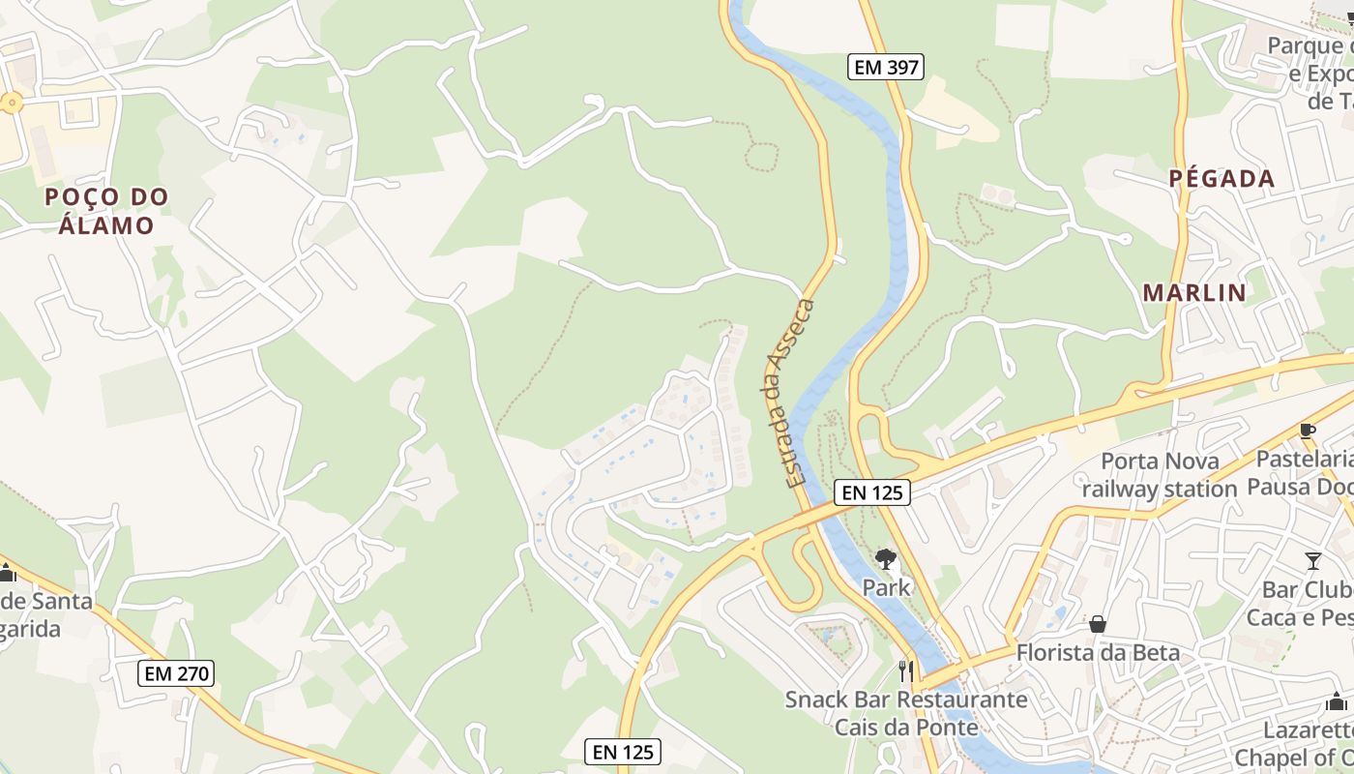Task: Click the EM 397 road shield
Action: pos(886,67)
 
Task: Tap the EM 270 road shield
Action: pos(175,673)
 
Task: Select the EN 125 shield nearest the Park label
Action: pos(872,492)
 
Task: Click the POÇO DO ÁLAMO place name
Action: pos(106,211)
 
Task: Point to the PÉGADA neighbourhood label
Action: pos(1222,179)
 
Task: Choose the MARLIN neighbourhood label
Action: pos(1194,292)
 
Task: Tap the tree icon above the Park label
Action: pos(885,559)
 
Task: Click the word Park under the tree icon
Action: pos(886,586)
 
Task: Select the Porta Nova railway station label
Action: pos(1160,475)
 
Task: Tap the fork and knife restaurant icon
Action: pos(906,670)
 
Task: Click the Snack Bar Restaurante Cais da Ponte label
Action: pos(906,713)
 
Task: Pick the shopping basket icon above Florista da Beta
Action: pos(1097,625)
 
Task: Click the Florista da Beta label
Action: pos(1098,653)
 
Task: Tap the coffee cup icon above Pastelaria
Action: pos(1308,432)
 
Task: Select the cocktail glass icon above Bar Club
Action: pos(1312,560)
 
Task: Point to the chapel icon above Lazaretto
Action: pos(1336,702)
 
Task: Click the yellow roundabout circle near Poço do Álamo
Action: pos(12,102)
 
